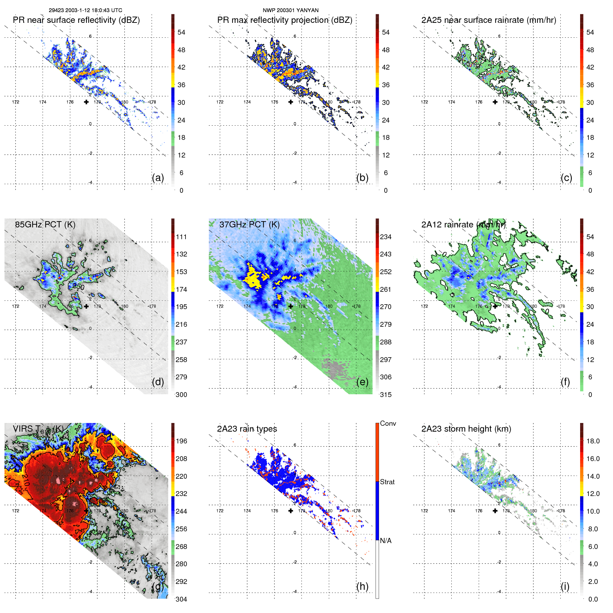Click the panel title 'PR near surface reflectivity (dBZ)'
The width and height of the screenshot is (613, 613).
tap(76, 20)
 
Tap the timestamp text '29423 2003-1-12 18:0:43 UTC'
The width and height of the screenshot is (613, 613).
tap(85, 10)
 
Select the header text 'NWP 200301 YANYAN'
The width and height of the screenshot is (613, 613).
tap(290, 10)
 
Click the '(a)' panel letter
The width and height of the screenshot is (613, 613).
tap(158, 178)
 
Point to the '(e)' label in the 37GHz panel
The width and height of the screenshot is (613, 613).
tap(362, 382)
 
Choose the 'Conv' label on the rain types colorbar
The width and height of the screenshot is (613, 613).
tap(388, 423)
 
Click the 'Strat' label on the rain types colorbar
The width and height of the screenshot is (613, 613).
tap(387, 482)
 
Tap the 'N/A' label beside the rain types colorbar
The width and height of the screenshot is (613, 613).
tap(386, 541)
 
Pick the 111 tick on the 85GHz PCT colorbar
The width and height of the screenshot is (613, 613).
tap(181, 237)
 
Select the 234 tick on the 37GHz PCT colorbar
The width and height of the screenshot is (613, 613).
tap(386, 237)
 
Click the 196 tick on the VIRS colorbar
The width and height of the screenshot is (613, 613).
tap(181, 441)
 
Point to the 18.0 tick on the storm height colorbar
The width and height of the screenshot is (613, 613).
tap(593, 441)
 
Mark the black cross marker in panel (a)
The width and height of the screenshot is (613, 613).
tap(86, 102)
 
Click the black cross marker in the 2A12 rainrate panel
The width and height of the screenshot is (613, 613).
tap(495, 306)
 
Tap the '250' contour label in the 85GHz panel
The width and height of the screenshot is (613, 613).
tap(79, 287)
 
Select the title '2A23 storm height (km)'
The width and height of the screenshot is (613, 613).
tap(466, 429)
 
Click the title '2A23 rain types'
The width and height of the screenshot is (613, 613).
tap(247, 429)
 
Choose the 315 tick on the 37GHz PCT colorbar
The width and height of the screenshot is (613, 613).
tap(386, 395)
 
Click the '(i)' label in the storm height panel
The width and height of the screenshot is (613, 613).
tap(565, 586)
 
